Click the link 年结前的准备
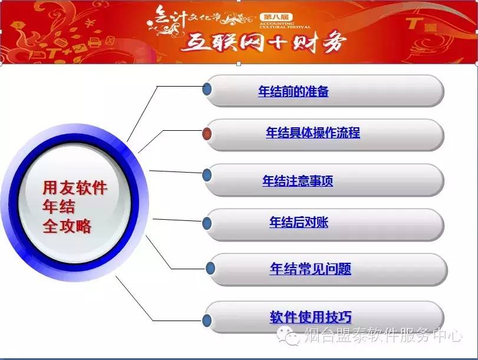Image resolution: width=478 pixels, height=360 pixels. pos(294,91)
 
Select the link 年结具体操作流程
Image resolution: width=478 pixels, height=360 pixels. pos(313,133)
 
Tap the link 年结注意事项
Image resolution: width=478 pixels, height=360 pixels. pos(298,181)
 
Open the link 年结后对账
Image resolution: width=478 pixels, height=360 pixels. pos(299,222)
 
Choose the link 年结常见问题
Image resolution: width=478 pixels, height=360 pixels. pos(311,269)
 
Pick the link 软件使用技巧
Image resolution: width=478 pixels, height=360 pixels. pos(311,317)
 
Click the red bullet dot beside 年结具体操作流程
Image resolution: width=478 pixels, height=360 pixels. pos(207,134)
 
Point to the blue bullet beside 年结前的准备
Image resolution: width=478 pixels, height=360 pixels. pos(207,89)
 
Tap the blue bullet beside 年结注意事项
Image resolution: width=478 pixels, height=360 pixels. pos(207,176)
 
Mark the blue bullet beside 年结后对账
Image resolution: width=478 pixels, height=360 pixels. pos(207,223)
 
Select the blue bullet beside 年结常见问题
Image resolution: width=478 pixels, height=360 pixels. pos(210,269)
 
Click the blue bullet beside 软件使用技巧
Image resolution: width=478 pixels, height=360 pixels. pos(207,320)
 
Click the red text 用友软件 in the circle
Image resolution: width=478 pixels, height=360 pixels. pos(75,187)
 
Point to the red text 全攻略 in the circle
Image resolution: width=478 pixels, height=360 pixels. pos(67,226)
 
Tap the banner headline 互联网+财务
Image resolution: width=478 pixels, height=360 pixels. pos(264,42)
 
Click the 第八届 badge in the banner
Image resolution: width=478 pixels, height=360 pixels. pos(276,17)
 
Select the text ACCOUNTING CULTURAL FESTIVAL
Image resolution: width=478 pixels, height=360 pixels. pos(285,25)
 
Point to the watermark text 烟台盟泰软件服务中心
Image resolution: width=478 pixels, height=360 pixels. pos(383,335)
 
